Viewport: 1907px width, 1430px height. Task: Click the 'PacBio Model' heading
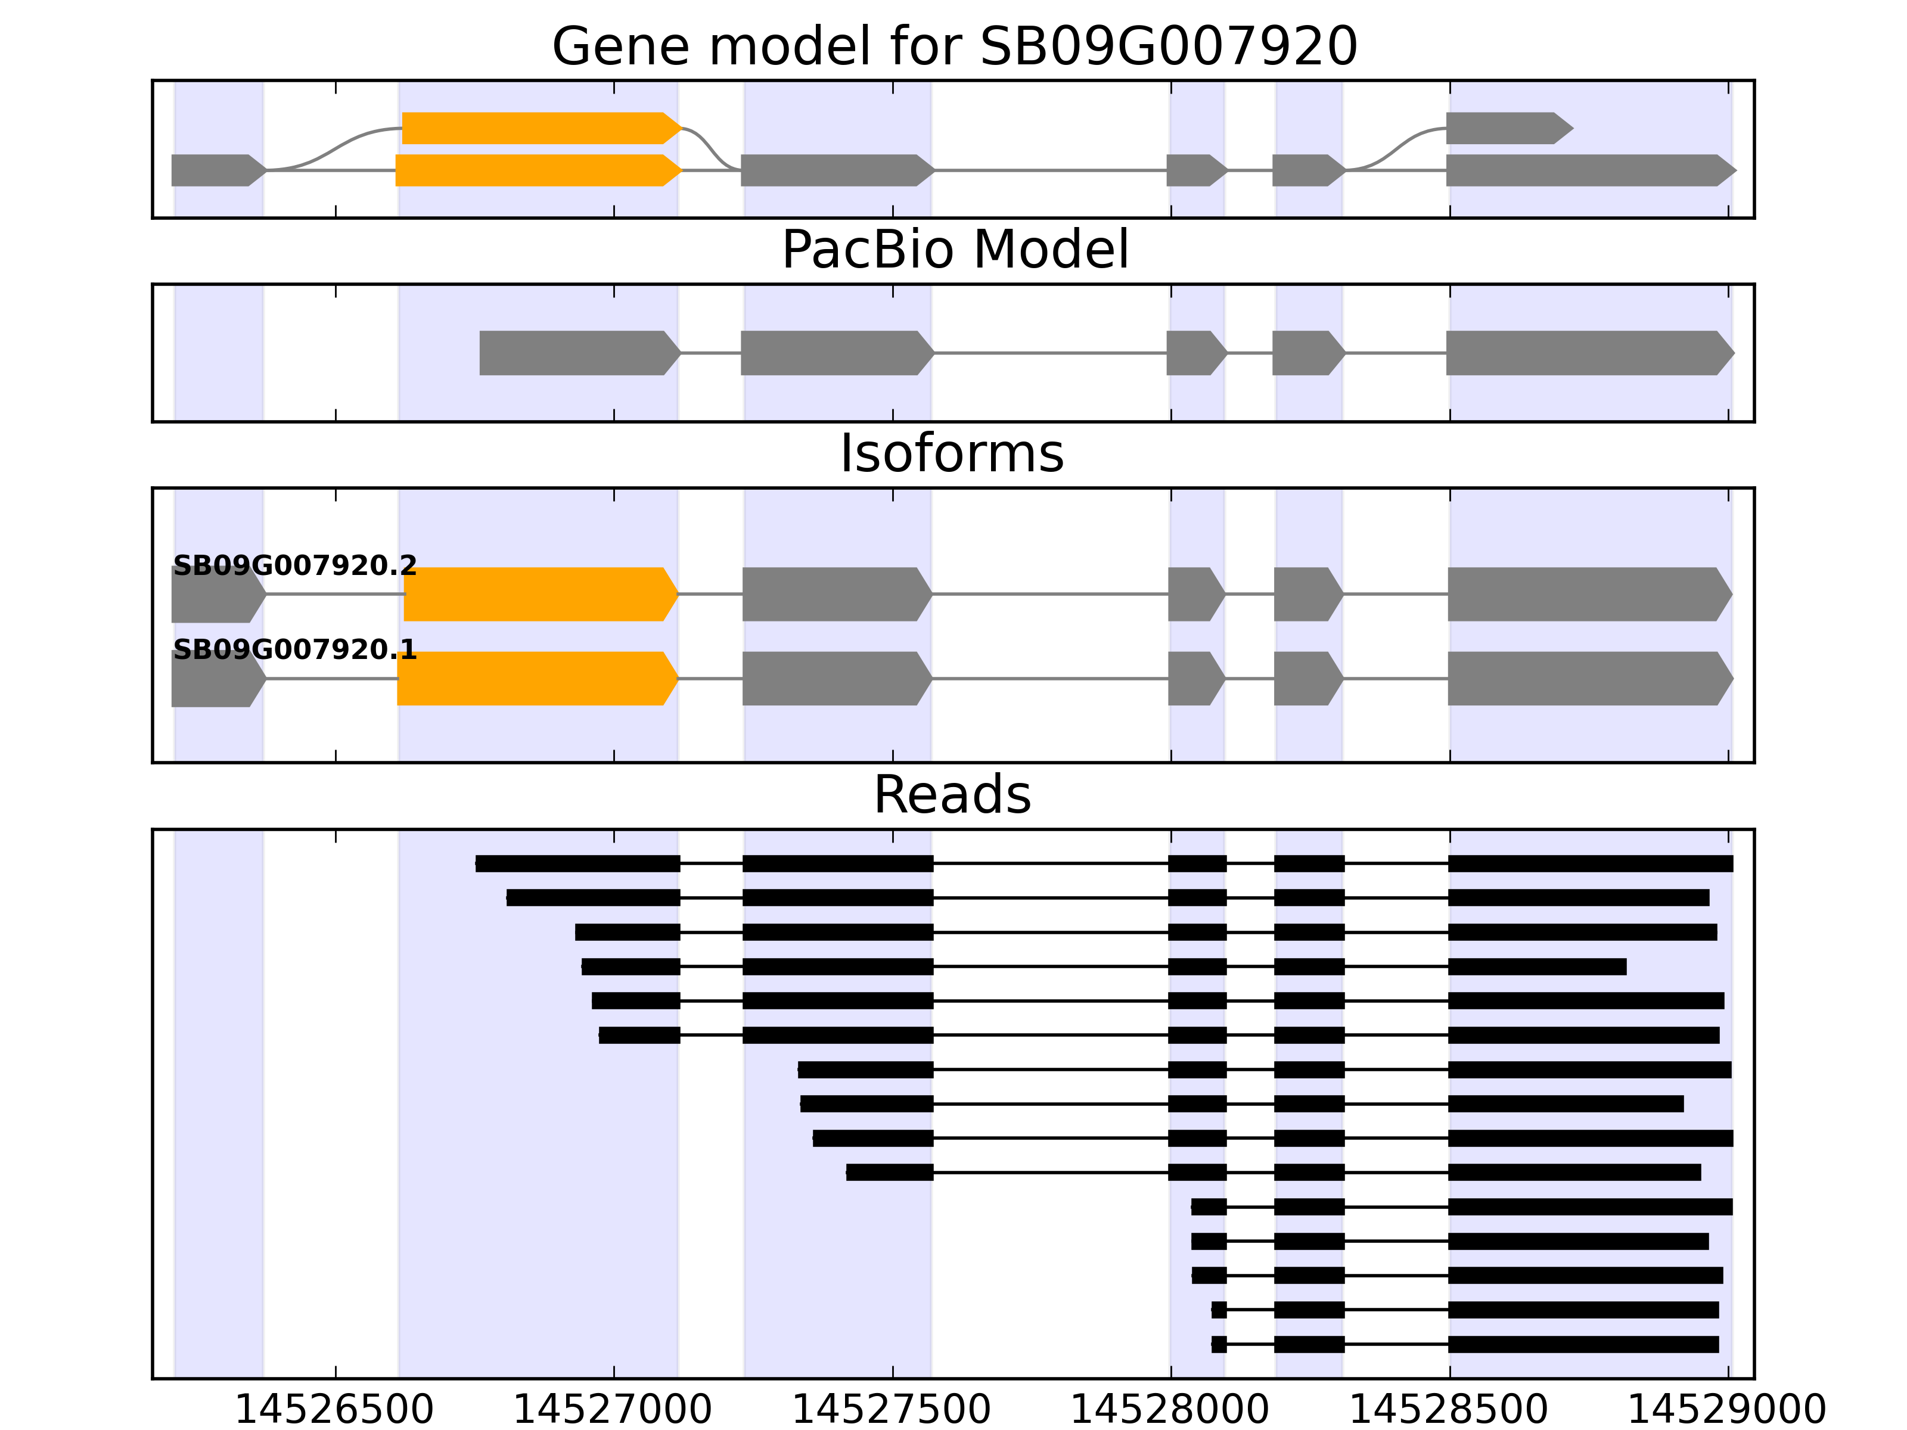point(953,250)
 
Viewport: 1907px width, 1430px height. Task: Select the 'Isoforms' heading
point(952,453)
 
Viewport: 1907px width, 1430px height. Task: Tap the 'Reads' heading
point(952,795)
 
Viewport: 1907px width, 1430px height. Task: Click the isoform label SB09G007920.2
point(295,566)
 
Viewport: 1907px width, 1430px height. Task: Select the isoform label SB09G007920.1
point(295,650)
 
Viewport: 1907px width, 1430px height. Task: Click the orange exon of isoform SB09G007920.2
point(539,594)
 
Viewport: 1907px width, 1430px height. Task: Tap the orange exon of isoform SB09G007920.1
point(535,679)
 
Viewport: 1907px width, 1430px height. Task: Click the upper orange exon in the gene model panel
point(539,129)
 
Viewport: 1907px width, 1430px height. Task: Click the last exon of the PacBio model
point(1586,353)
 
